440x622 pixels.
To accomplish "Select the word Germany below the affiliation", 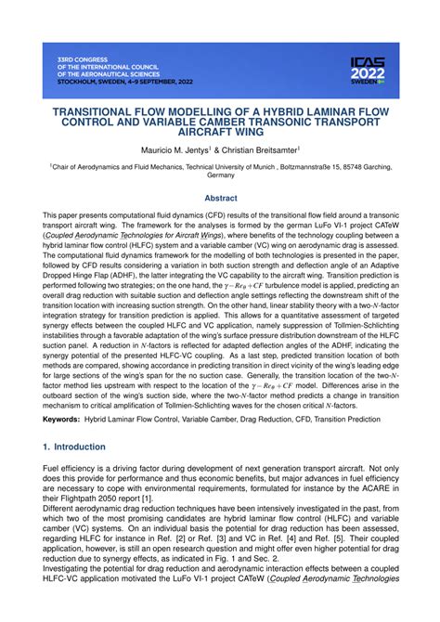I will coord(220,175).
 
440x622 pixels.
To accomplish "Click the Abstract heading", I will coord(220,197).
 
